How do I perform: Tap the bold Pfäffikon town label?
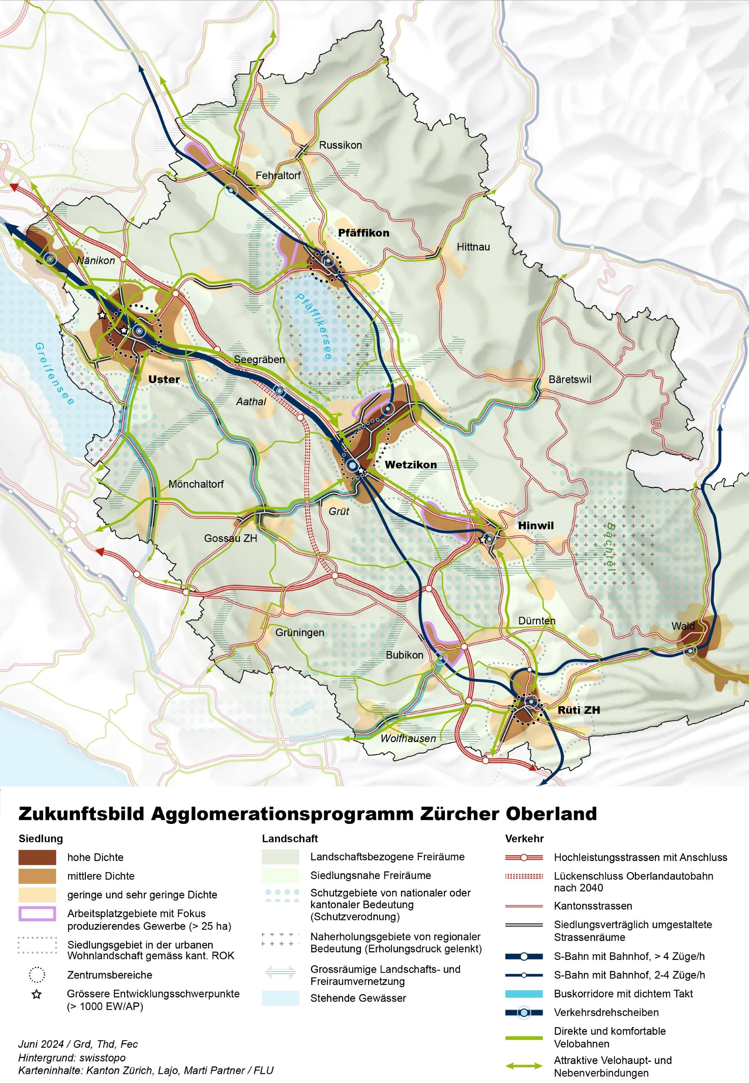pos(363,233)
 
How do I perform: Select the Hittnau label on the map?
pos(473,247)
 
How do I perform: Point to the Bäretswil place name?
pos(570,379)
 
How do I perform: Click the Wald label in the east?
pos(683,626)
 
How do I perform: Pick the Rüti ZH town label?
pos(579,710)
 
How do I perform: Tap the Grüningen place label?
pos(300,633)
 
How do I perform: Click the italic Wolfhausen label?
pos(408,738)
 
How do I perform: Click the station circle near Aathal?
pos(279,391)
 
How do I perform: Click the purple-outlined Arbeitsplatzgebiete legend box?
pos(37,913)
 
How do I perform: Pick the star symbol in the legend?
pos(37,994)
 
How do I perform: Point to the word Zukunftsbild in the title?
pos(81,813)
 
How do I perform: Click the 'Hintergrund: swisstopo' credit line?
pos(72,1058)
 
